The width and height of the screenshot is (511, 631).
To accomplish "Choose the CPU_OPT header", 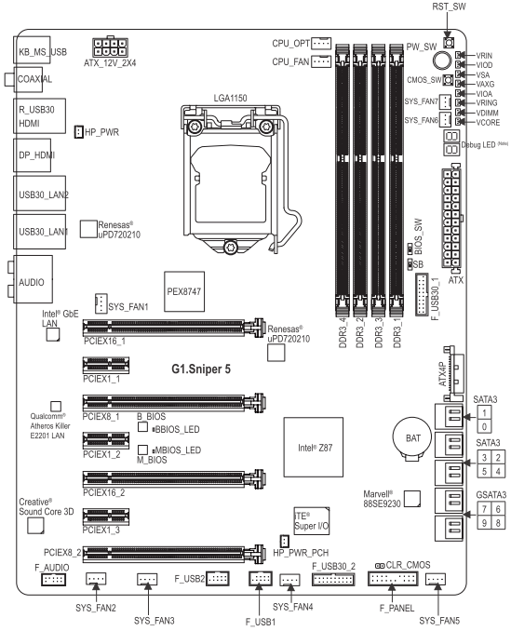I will point(321,43).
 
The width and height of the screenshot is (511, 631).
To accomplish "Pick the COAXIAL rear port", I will point(34,81).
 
